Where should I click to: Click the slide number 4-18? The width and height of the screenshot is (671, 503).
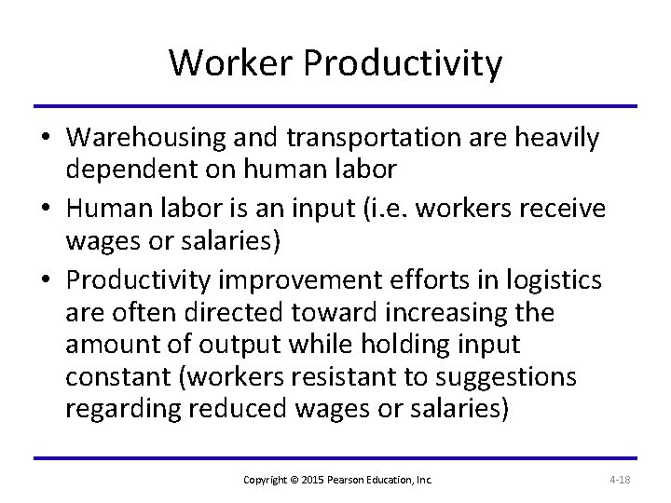[620, 480]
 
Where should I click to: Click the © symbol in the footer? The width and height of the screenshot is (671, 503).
[302, 480]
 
